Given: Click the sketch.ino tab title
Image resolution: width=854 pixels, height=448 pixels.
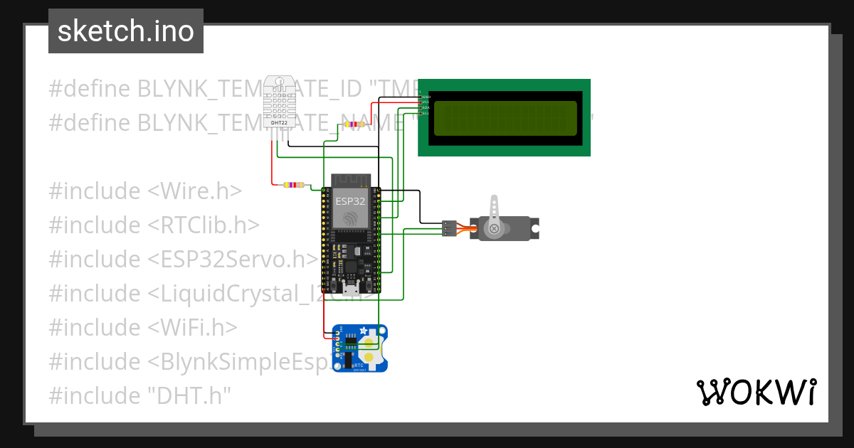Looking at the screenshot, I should click(125, 31).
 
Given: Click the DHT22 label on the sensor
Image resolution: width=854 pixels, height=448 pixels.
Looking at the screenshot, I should click(280, 123).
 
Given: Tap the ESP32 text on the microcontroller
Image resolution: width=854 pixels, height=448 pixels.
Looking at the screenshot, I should click(350, 201).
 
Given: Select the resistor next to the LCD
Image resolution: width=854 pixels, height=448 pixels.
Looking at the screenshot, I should click(354, 124).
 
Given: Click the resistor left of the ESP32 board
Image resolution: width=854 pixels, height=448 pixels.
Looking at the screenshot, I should click(293, 185).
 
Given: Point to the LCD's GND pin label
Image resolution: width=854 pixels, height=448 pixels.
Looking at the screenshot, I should click(426, 97).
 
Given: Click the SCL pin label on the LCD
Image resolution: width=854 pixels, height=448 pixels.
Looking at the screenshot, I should click(426, 113).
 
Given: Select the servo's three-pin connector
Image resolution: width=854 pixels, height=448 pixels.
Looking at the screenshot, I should click(448, 228).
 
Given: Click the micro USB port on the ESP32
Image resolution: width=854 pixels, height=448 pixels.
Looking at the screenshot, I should click(350, 287).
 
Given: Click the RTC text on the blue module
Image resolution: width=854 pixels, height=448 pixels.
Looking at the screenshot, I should click(359, 365).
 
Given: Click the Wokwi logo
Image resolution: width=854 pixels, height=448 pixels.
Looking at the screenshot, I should click(756, 392).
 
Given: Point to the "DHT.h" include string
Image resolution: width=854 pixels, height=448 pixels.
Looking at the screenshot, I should click(191, 396).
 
